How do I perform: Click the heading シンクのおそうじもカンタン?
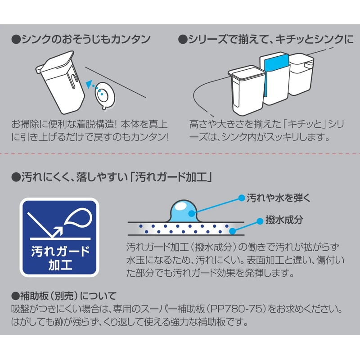pos(81,40)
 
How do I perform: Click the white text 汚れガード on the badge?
pos(59,250)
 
